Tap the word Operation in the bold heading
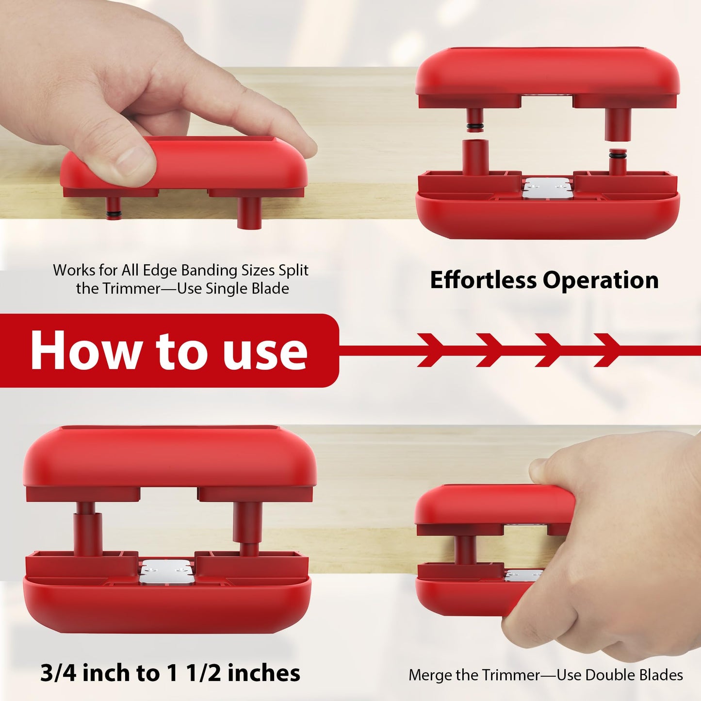click(x=600, y=280)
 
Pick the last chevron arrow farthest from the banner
click(x=607, y=350)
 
